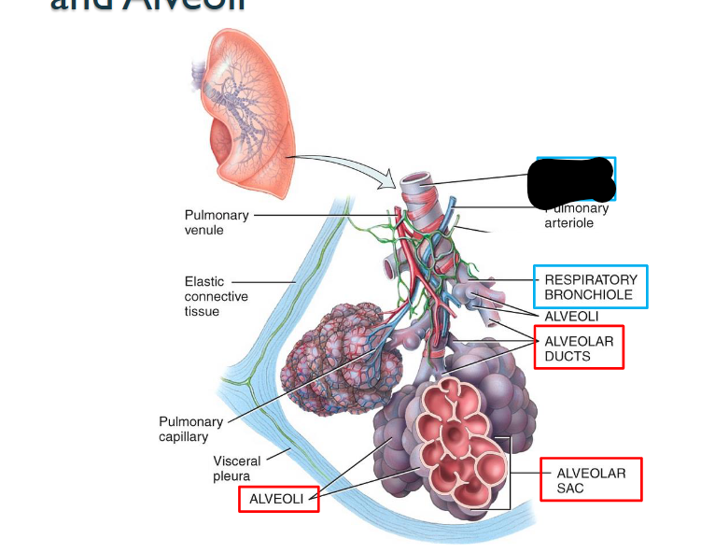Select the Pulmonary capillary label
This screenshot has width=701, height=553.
coord(190,429)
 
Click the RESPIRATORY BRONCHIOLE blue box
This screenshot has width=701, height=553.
coord(590,287)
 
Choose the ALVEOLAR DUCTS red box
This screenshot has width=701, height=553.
coord(579,348)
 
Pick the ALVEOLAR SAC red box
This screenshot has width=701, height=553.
coord(591,480)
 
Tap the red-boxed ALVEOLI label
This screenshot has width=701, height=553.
coord(277,500)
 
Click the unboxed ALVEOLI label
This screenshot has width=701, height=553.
coord(571,317)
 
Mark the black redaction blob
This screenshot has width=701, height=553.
coord(570,180)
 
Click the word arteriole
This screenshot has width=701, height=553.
coord(569,223)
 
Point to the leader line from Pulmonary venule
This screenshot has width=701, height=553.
coord(317,216)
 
